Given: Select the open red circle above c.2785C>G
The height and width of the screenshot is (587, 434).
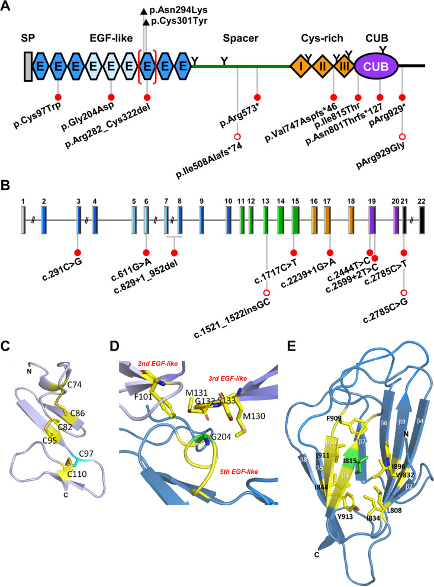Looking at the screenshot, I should click(404, 291).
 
